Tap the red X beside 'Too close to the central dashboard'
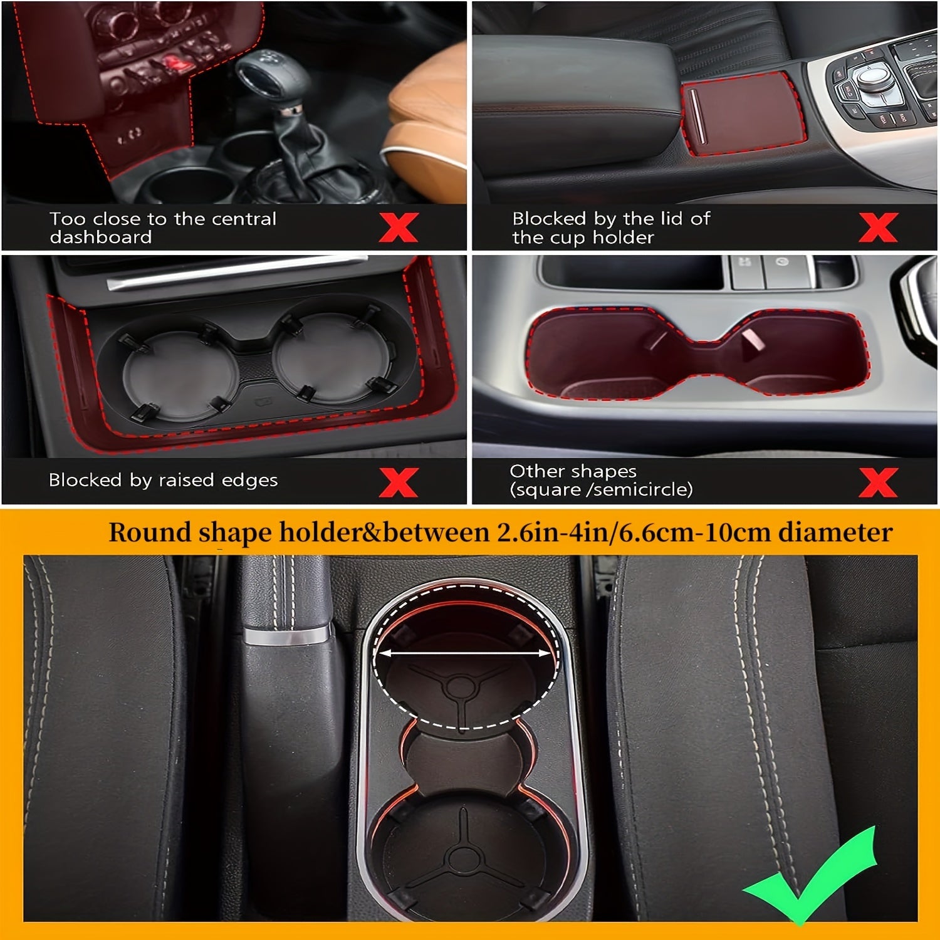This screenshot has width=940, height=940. coord(399,227)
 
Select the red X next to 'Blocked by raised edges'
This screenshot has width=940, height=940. coord(399,482)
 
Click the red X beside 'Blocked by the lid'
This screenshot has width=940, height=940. coord(878,227)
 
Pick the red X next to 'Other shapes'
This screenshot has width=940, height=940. coord(878,482)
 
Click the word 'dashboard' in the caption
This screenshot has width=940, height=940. coord(100,238)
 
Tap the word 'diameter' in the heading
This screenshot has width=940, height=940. coord(835,533)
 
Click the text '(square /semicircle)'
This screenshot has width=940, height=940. coord(601,489)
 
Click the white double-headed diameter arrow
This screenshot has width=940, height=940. coord(464,653)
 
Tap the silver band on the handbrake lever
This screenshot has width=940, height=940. coord(287,635)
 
